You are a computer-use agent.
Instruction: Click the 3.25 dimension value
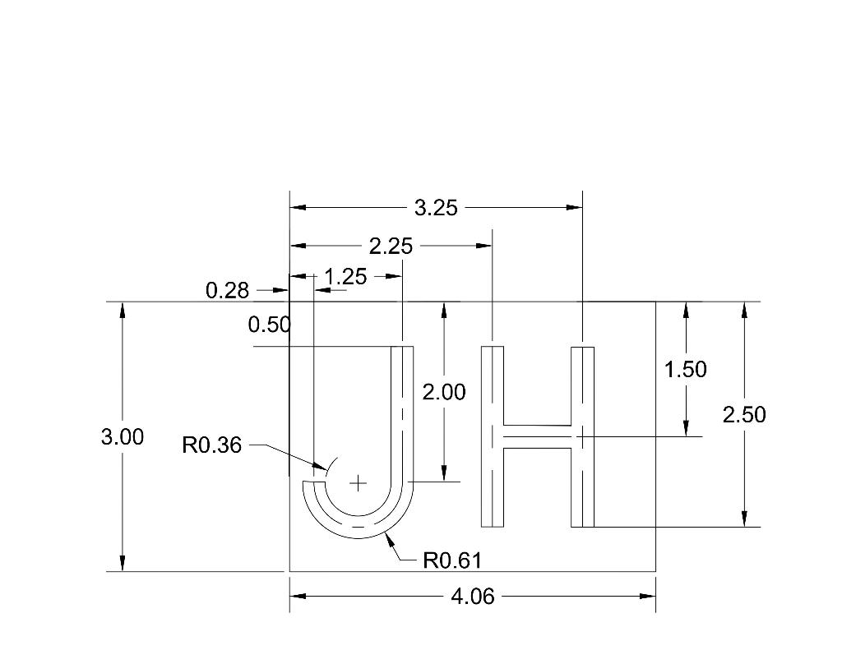436,208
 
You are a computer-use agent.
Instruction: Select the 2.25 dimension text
391,246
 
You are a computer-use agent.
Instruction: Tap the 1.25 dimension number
345,277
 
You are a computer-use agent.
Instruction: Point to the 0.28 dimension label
226,291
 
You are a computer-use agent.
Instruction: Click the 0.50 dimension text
269,325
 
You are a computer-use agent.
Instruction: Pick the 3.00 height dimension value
123,437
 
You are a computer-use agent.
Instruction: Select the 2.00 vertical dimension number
444,393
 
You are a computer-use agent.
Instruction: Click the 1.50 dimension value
685,370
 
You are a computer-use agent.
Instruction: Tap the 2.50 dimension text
744,415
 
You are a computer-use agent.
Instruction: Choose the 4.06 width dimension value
473,597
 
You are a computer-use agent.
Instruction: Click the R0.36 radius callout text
212,446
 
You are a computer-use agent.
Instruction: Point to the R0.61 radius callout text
451,561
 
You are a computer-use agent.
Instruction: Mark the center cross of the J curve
358,483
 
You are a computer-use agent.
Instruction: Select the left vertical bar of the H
492,436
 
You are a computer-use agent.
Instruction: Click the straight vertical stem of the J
402,411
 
